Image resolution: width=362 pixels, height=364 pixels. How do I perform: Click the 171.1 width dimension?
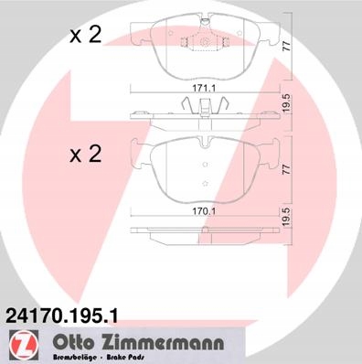click(204, 89)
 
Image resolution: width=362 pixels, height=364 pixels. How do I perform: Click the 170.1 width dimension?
click(204, 211)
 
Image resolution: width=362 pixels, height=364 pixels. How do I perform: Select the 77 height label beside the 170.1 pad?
click(287, 169)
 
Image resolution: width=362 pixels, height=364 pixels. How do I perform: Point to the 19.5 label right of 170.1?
click(286, 218)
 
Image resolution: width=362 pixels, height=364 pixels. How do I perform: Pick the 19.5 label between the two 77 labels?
click(287, 104)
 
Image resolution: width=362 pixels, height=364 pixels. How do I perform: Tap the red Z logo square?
click(23, 343)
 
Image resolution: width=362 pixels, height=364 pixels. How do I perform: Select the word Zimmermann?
click(161, 343)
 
